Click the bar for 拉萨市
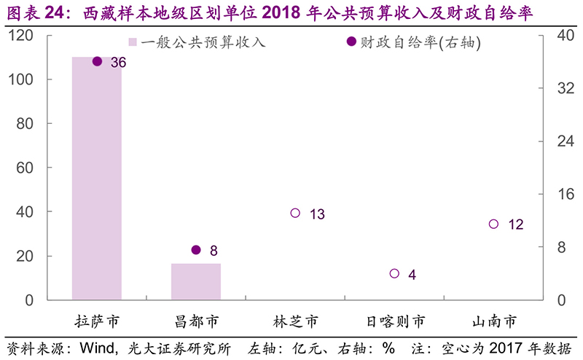97,179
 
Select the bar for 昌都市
196,281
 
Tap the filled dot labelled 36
97,62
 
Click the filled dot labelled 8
196,250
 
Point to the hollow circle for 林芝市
295,213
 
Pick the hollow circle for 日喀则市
394,273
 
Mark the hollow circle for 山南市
493,224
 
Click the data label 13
316,214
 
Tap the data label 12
515,224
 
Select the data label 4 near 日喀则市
412,275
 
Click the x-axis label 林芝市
295,321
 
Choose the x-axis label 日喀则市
394,321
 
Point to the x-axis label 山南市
493,321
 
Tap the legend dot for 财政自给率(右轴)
351,43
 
